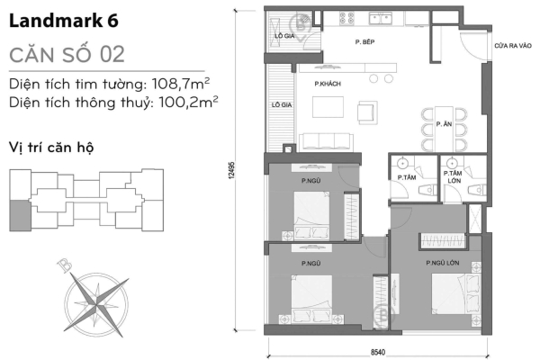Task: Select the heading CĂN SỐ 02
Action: point(66,53)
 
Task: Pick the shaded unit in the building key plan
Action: point(17,214)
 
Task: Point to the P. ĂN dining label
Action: point(442,122)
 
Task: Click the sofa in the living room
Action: point(324,139)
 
